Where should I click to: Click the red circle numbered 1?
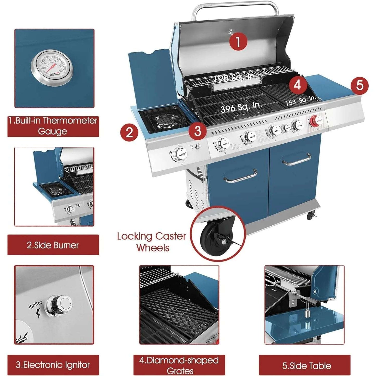tap(238, 42)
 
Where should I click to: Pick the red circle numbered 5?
tap(359, 85)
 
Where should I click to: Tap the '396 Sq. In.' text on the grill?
tap(241, 107)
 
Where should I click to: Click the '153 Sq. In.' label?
tap(301, 101)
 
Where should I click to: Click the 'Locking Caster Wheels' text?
tap(151, 242)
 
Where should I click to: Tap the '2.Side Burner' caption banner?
tap(53, 245)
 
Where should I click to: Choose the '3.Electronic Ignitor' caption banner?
tap(53, 365)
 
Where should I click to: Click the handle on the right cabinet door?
tap(297, 160)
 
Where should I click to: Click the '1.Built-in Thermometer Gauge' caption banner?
tap(53, 126)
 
